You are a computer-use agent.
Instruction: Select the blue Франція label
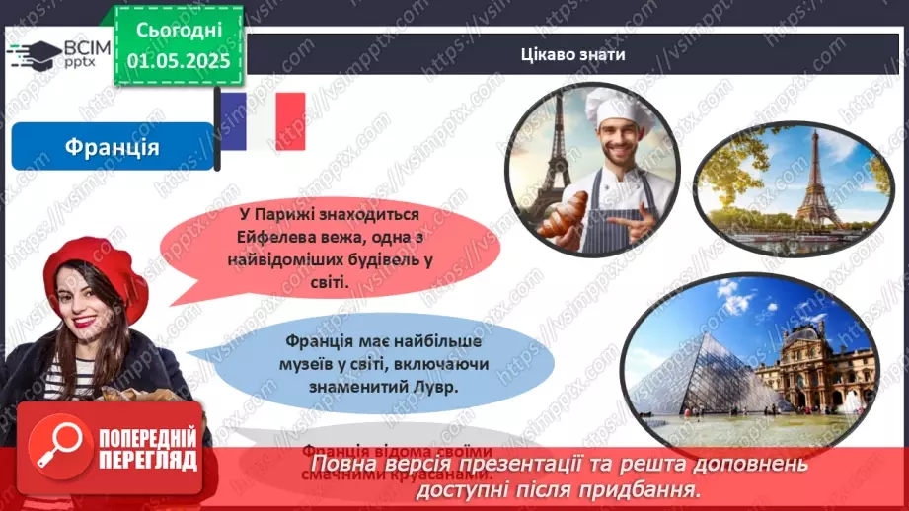click(x=112, y=147)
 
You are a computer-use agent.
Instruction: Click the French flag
click(x=261, y=121)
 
